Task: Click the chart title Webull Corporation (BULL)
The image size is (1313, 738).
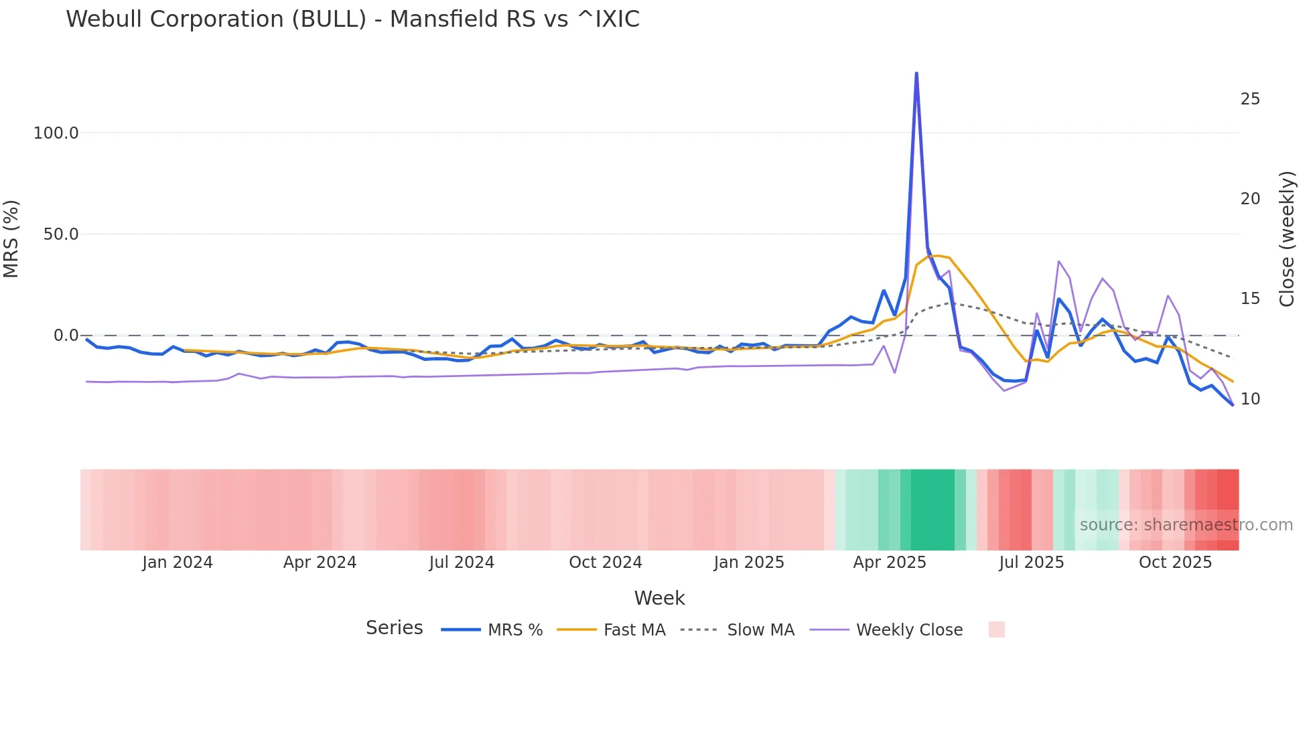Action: coord(352,19)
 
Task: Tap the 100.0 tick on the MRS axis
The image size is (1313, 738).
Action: coord(56,133)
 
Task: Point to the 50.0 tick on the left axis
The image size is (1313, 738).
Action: coord(61,234)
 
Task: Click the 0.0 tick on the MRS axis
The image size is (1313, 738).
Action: coord(66,336)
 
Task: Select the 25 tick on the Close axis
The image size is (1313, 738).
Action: coord(1250,99)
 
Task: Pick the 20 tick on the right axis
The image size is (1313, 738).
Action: coord(1250,199)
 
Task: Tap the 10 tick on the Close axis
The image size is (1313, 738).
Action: coord(1250,399)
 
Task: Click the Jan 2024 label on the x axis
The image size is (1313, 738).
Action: coord(178,563)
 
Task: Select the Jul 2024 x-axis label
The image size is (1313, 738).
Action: coord(462,563)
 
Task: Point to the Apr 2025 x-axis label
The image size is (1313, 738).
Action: coord(890,563)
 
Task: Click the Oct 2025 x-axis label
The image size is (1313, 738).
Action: coord(1175,563)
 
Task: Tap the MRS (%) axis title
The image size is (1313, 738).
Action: coord(11,238)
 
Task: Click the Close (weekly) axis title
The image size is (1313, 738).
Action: coord(1287,238)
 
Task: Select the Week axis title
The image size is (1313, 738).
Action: coord(659,598)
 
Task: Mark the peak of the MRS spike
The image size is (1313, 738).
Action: coord(916,73)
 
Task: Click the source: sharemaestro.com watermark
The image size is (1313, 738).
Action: coord(1186,525)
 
